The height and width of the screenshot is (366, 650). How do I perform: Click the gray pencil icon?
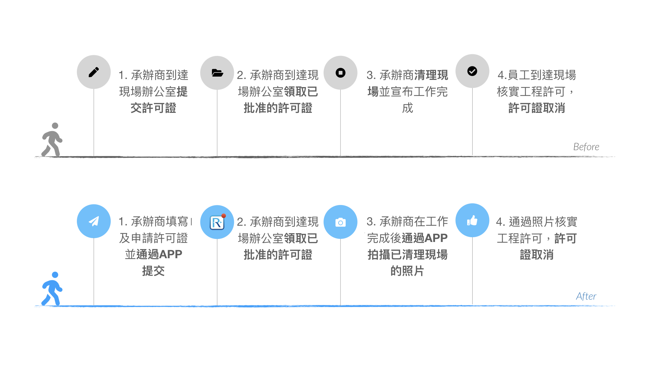click(x=94, y=72)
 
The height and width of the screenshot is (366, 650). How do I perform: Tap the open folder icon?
click(x=217, y=73)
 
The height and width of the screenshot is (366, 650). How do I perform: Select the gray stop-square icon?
click(x=341, y=73)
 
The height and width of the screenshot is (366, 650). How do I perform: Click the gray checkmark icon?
click(x=472, y=71)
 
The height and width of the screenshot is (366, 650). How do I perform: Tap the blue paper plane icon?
click(x=94, y=221)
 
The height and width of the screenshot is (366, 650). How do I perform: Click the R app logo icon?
click(x=217, y=222)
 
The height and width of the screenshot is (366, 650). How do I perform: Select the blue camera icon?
click(x=341, y=222)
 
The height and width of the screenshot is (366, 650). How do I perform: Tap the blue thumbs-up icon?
click(x=472, y=220)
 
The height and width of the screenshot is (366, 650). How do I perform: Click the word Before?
click(x=586, y=147)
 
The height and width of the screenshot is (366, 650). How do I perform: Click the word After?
click(x=586, y=296)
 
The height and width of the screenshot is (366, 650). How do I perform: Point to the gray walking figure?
click(x=52, y=139)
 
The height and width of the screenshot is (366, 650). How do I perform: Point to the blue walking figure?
click(x=52, y=288)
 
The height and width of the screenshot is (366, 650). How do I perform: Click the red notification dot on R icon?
click(x=223, y=216)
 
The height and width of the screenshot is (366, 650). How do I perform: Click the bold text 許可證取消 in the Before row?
click(x=537, y=108)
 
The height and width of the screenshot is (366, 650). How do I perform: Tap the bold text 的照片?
click(x=407, y=271)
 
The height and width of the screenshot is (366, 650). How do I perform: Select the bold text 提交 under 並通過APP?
click(x=153, y=271)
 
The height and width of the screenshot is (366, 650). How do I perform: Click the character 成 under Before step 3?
click(x=408, y=108)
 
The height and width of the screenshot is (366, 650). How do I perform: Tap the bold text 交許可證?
click(x=153, y=108)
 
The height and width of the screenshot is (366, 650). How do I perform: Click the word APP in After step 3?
click(x=436, y=238)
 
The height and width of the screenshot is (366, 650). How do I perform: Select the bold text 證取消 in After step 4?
click(x=537, y=255)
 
